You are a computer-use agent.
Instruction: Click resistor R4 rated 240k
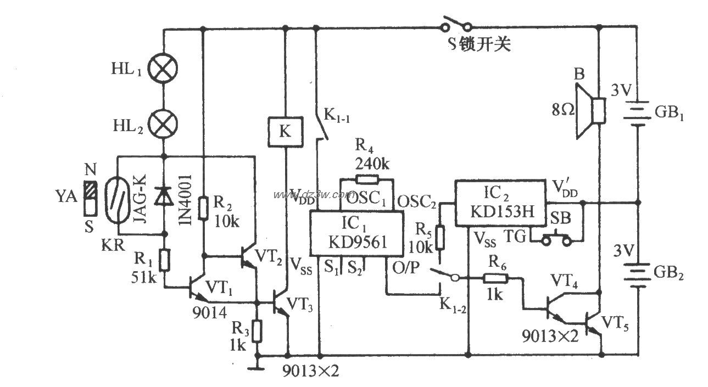[367, 179]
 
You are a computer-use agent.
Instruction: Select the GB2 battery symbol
[637, 273]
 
